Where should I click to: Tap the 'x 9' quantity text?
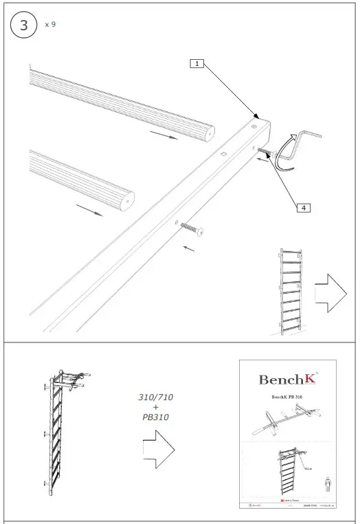[50, 24]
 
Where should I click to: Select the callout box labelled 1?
[197, 63]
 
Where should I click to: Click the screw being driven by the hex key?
[267, 151]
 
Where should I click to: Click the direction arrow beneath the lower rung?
[90, 210]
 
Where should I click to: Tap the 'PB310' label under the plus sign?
[157, 417]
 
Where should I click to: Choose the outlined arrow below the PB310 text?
[157, 451]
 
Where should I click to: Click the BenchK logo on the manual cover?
[284, 379]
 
